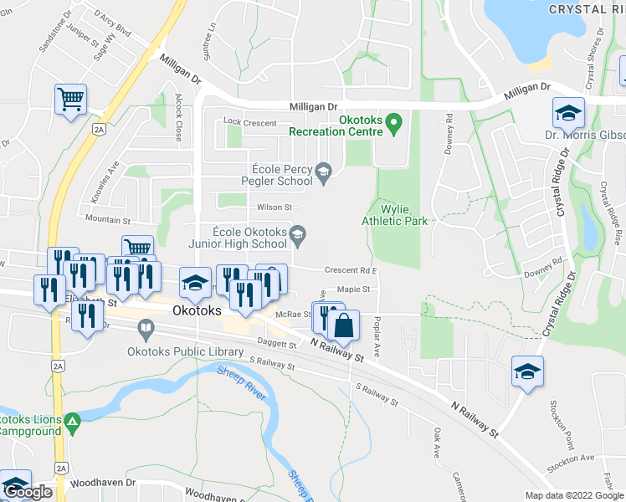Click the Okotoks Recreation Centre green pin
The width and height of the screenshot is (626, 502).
(x=398, y=122)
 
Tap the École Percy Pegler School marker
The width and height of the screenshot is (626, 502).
(x=322, y=173)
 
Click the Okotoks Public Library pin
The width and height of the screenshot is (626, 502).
(x=147, y=330)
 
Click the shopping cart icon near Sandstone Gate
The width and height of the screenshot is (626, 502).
(x=70, y=99)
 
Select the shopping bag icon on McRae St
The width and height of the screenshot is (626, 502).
(x=343, y=325)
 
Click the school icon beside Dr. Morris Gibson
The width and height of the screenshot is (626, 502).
(x=567, y=112)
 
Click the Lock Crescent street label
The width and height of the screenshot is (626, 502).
(x=249, y=123)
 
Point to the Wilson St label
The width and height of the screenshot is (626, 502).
(x=274, y=207)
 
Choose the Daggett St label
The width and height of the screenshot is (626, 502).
(x=277, y=343)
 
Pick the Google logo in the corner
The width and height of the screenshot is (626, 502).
(x=27, y=492)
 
